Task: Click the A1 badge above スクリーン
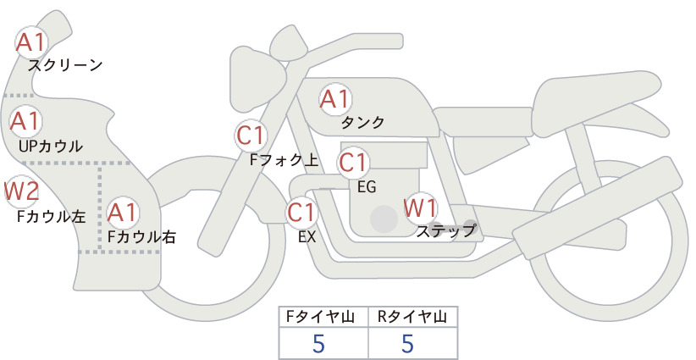coord(30,42)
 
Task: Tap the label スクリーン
coord(65,65)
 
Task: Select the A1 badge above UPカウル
coord(25,121)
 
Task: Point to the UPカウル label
coord(51,146)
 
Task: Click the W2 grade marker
coord(21,191)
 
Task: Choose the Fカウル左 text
coord(51,216)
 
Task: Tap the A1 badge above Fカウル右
coord(123,213)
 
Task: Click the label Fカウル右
coord(141,236)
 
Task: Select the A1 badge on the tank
coord(335,99)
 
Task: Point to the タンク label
coord(362,123)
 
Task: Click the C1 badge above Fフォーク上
coord(251,136)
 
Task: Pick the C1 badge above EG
coord(353,163)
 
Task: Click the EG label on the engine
coord(367,187)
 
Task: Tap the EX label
coord(307,236)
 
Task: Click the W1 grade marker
coord(420,208)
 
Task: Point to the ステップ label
coord(446,231)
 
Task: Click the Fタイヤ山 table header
coord(320,317)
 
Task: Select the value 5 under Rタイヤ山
coord(407,344)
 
